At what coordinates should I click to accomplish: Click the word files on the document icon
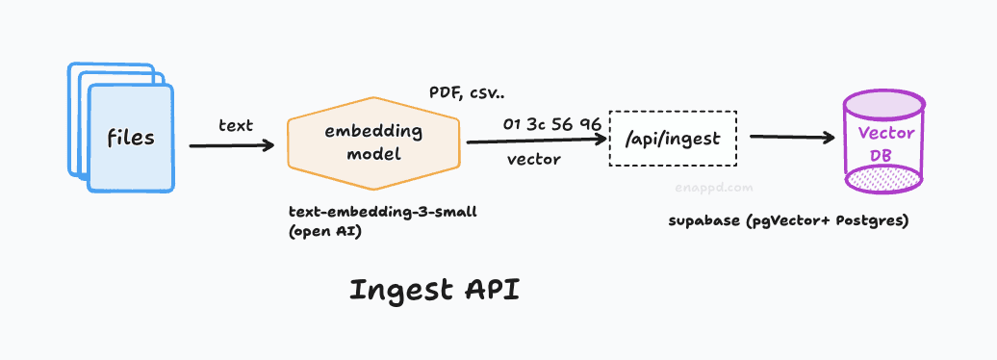coord(131,138)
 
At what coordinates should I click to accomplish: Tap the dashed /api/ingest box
coord(672,139)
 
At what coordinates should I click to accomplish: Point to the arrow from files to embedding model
coord(231,145)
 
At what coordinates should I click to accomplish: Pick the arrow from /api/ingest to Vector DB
coord(791,137)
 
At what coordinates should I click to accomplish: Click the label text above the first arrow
coord(236,125)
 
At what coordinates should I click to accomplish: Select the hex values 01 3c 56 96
coord(551,124)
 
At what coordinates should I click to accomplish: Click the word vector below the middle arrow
coord(534,160)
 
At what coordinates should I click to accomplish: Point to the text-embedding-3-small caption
coord(383,212)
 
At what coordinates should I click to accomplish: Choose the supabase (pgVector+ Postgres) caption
coord(788,221)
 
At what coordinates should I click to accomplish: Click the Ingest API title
coord(434,290)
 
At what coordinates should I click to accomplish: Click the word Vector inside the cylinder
coord(885,133)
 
